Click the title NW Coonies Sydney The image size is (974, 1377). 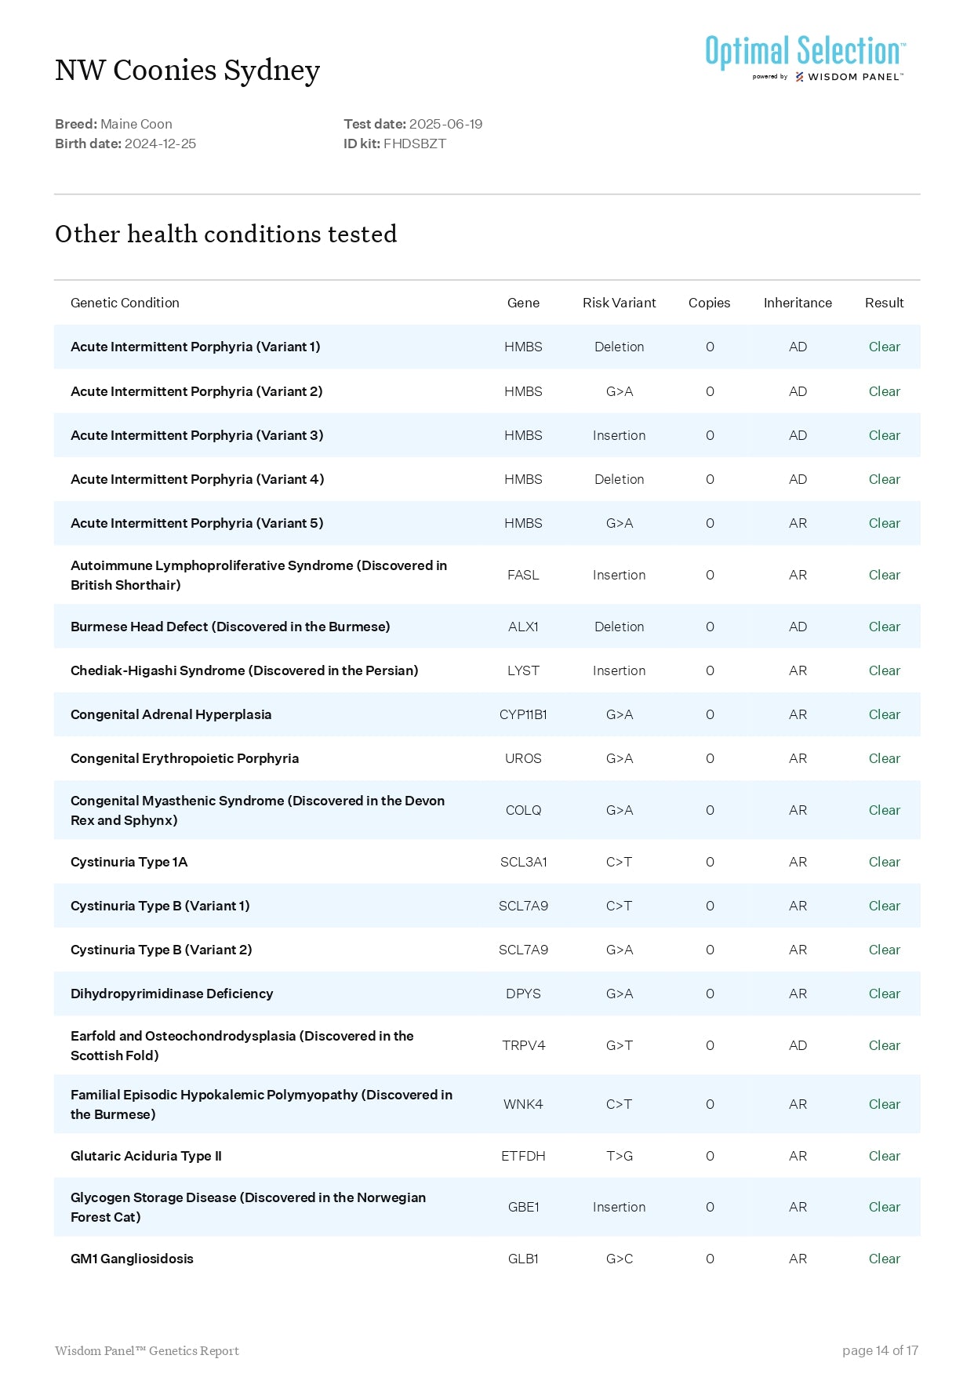(x=187, y=71)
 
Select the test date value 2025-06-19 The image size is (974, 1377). (x=445, y=124)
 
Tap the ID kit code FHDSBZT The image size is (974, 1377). (x=414, y=144)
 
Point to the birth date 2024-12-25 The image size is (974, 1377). (x=160, y=144)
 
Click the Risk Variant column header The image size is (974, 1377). (x=619, y=303)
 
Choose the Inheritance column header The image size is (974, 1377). (x=798, y=303)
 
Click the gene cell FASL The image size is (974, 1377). (x=523, y=575)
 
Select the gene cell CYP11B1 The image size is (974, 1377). (x=523, y=714)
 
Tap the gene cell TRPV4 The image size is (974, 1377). (x=523, y=1045)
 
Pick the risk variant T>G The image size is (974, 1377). (x=619, y=1156)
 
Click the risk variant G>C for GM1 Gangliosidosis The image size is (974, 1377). (x=619, y=1259)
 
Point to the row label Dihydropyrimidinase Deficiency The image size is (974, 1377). (x=172, y=994)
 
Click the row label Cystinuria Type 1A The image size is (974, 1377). (x=129, y=862)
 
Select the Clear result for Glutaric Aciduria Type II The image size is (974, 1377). (x=884, y=1156)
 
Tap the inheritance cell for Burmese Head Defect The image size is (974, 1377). (x=798, y=627)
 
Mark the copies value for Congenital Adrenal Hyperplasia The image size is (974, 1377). (x=710, y=714)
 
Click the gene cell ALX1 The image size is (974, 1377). (x=523, y=627)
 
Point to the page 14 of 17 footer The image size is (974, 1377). (x=880, y=1350)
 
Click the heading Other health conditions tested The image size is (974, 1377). (x=226, y=234)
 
